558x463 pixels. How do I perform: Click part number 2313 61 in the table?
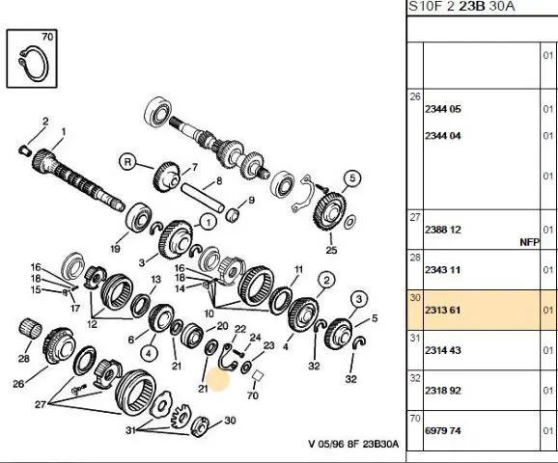point(443,310)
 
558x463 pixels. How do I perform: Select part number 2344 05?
point(443,109)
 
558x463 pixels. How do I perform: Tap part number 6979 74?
point(443,430)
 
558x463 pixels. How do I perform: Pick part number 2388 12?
point(443,230)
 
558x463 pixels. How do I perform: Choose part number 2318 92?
point(443,391)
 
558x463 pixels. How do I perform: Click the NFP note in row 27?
point(530,242)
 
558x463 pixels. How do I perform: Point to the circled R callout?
point(127,162)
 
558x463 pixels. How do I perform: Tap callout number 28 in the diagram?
point(24,358)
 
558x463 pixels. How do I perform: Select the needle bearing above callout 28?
point(30,329)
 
